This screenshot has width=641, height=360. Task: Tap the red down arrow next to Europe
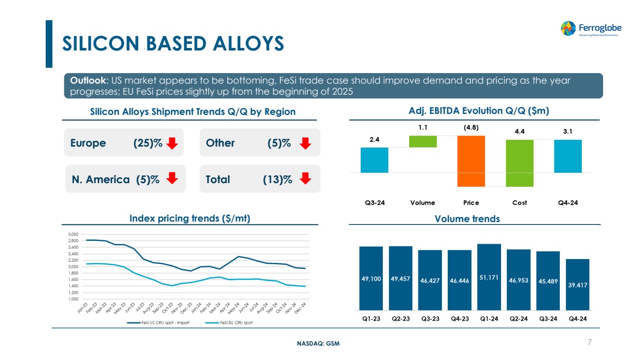(x=172, y=143)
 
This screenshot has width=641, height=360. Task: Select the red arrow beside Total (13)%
(x=305, y=179)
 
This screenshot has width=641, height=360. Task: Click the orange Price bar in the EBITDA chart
(x=471, y=161)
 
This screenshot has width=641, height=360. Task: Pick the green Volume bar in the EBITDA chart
(x=423, y=141)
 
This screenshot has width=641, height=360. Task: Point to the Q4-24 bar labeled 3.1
(x=568, y=156)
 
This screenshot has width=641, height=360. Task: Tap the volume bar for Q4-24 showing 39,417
(x=577, y=285)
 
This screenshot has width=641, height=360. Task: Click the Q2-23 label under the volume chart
(x=401, y=319)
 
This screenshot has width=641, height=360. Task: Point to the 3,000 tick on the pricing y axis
(x=73, y=234)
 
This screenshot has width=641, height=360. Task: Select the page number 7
(x=589, y=342)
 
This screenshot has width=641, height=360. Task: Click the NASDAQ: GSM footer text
(x=318, y=343)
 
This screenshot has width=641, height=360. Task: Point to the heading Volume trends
(x=467, y=219)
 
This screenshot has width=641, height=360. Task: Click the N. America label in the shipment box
(x=100, y=179)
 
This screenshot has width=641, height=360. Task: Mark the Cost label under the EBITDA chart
(x=519, y=203)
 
